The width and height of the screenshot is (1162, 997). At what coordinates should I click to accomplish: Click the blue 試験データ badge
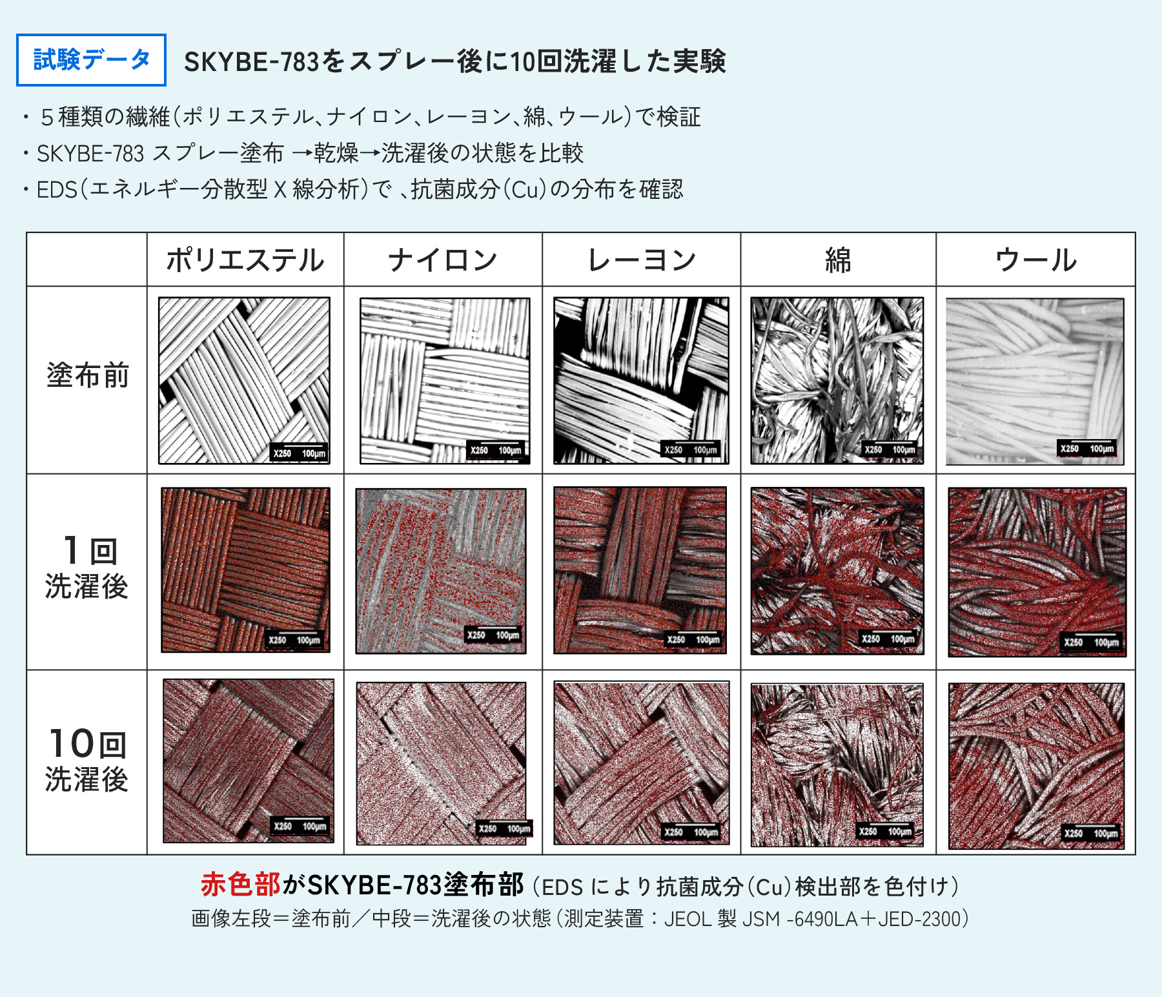pos(91,60)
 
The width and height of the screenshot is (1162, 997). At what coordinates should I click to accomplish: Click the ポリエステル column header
pos(245,260)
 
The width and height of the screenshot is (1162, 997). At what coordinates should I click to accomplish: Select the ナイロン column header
pos(443,260)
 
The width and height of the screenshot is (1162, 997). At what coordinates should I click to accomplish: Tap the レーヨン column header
pos(642,260)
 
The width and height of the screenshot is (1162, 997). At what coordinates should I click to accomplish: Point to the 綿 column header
pos(838,260)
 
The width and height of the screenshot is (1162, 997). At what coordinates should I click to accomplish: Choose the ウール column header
pos(1036,260)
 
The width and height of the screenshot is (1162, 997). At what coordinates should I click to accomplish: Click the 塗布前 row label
pos(87,375)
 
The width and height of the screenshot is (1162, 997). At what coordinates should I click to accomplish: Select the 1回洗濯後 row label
pos(87,568)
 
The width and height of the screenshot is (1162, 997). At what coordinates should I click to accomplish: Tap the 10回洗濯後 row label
pos(87,761)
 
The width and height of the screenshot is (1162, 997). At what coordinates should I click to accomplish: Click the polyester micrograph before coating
pos(244,380)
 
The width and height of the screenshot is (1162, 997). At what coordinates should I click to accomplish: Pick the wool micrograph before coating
pos(1035,381)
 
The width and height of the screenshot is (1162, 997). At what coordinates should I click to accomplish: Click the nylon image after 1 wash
pos(441,571)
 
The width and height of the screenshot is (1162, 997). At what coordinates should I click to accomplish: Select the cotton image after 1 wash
pos(837,571)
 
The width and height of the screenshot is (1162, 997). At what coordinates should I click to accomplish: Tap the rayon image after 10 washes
pos(642,763)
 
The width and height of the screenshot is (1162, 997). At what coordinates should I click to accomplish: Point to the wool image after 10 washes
pos(1037,766)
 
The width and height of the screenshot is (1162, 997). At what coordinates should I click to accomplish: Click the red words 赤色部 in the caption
pos(240,885)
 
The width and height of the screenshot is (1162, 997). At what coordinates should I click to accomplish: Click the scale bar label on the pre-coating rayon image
pos(691,450)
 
